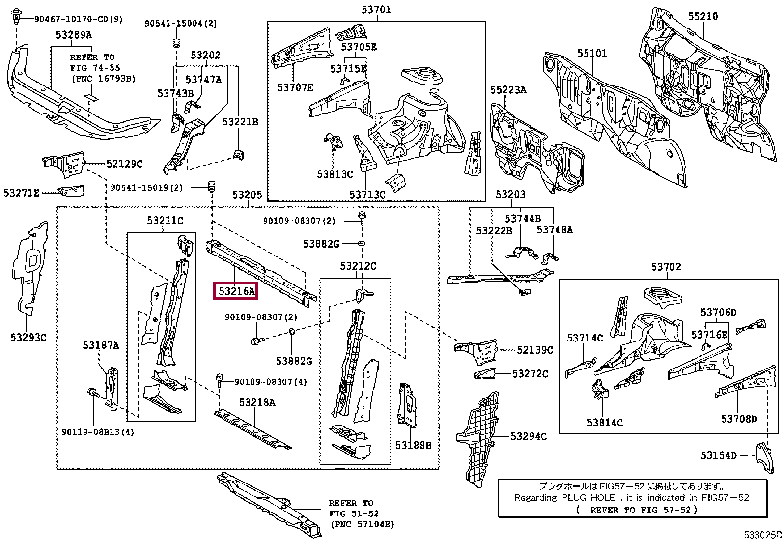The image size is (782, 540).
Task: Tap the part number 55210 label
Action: tap(703, 16)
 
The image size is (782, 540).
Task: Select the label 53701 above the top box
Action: tap(376, 9)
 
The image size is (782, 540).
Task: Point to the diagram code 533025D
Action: tap(762, 535)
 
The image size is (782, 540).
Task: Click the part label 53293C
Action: tap(28, 338)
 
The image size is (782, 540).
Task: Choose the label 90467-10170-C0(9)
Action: tap(79, 19)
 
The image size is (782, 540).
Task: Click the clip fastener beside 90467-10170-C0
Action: tap(16, 16)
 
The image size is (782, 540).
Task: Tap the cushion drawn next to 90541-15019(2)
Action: tap(211, 187)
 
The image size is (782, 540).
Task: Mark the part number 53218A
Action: tap(257, 402)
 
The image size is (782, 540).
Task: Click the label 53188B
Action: tap(413, 445)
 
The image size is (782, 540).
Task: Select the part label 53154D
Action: tap(719, 455)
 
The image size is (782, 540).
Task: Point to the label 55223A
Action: tap(508, 90)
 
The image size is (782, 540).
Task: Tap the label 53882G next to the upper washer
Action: tap(321, 243)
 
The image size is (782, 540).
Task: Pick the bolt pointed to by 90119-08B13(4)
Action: tap(92, 393)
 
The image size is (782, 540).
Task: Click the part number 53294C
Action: tap(529, 436)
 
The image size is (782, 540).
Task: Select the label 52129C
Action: tap(124, 164)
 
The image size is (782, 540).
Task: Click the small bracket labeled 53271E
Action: tap(71, 191)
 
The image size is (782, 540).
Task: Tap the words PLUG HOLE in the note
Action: tap(589, 497)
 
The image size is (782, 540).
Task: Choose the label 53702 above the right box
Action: tap(666, 267)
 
